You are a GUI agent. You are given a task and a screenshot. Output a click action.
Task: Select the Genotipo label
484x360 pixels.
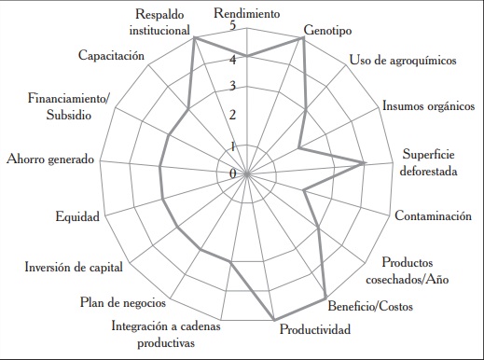coord(325,30)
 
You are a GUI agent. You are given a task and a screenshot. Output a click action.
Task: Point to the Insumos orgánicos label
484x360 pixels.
coord(427,105)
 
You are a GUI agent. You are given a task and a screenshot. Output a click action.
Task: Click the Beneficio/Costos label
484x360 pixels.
coord(374,306)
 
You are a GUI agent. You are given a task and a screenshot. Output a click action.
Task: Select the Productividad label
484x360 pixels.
coord(315,329)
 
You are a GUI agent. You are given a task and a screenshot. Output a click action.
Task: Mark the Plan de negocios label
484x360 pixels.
coord(123,301)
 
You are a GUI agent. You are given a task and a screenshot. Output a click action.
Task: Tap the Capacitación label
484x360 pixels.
coord(111,56)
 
